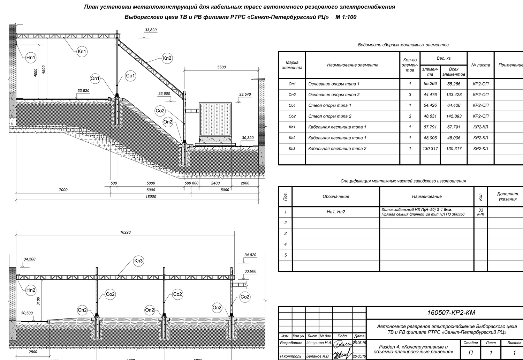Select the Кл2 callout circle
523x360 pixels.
tap(167, 58)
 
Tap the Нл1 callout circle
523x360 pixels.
tap(31, 58)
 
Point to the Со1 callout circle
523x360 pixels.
tap(130, 76)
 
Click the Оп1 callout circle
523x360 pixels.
tap(95, 79)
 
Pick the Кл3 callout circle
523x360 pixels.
tap(138, 261)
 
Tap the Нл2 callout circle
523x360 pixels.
tap(31, 290)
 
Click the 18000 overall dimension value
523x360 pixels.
tap(151, 197)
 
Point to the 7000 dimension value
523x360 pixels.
tap(63, 190)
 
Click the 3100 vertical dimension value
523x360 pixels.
tap(39, 301)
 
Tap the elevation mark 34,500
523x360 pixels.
tap(30, 260)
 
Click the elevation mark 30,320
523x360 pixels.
tap(248, 138)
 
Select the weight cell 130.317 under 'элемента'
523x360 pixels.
tap(430, 149)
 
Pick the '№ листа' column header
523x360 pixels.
tap(480, 65)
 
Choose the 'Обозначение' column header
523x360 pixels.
tap(336, 197)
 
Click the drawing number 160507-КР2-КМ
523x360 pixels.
tap(451, 313)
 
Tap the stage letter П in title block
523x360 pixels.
tap(471, 353)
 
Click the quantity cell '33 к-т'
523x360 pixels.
tap(480, 212)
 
